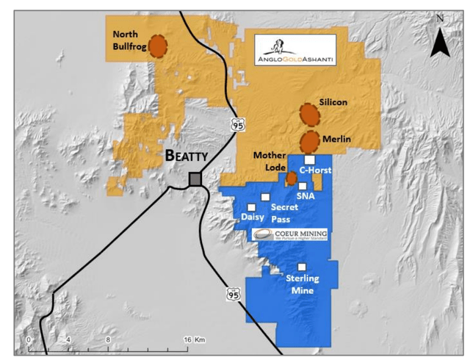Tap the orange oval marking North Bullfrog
click(157, 46)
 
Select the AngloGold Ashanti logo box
click(295, 51)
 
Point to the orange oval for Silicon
click(310, 115)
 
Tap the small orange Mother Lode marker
click(291, 178)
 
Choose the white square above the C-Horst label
click(310, 159)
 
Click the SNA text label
click(305, 197)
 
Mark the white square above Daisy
click(253, 207)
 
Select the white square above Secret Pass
click(265, 198)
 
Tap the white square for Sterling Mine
click(301, 267)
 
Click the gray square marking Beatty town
click(195, 180)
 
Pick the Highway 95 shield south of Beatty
click(233, 293)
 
